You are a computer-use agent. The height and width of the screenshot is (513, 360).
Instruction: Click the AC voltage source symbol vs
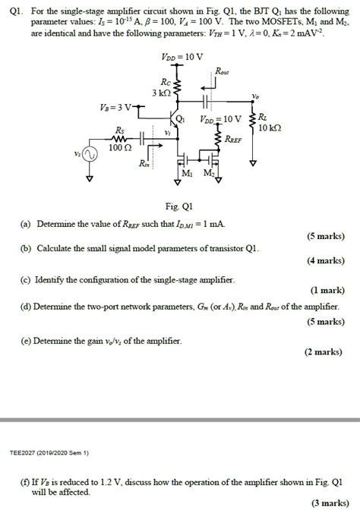[x=90, y=155]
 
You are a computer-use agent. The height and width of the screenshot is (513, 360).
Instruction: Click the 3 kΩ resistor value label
[x=162, y=92]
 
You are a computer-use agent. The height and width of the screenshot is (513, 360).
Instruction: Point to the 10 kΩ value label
[x=270, y=128]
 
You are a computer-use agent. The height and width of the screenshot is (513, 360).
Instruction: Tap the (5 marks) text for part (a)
[x=322, y=236]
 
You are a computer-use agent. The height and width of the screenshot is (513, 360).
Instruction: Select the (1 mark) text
[x=325, y=290]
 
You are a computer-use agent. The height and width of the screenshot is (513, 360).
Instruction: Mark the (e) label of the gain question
[x=27, y=341]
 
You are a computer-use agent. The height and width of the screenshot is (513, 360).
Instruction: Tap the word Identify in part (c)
[x=52, y=280]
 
